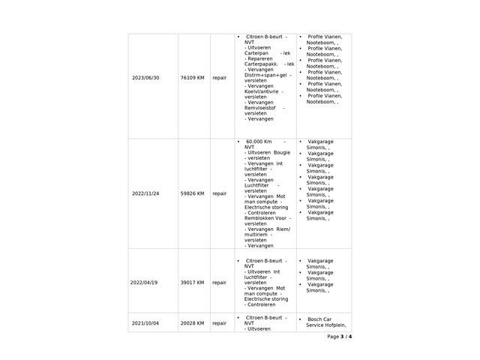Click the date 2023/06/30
(145, 78)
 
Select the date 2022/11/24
(145, 193)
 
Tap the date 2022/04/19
(145, 283)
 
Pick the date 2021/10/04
(145, 323)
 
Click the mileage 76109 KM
(193, 78)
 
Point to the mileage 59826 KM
(193, 193)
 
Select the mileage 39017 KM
(193, 283)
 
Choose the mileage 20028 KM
(193, 323)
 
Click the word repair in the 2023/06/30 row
(220, 78)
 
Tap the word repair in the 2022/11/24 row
(220, 193)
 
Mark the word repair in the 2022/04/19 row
(220, 283)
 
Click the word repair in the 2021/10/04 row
(220, 323)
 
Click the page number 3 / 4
(339, 337)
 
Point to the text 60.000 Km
(259, 141)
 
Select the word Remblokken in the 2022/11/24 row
(259, 218)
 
